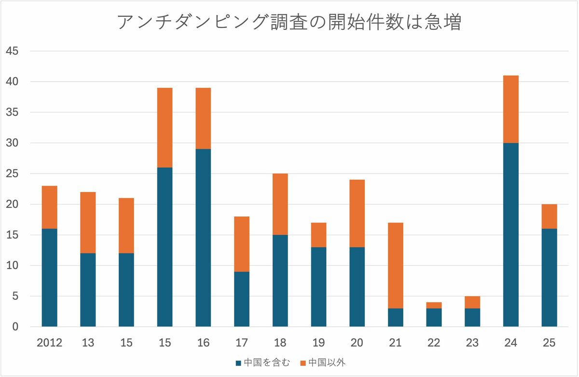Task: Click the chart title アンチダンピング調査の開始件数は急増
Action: click(x=289, y=23)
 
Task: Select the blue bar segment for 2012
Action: click(x=49, y=278)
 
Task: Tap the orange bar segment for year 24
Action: click(x=510, y=109)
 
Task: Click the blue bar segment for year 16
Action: click(x=203, y=238)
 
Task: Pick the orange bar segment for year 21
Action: click(x=396, y=266)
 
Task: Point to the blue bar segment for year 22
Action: click(x=434, y=318)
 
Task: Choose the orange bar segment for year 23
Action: click(x=472, y=302)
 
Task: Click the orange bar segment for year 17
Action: click(x=242, y=244)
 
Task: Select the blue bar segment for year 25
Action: click(x=549, y=278)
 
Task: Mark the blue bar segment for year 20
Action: click(x=357, y=287)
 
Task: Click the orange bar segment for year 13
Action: click(x=88, y=223)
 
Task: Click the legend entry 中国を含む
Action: click(x=263, y=363)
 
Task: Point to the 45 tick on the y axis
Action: click(x=12, y=51)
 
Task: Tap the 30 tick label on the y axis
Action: click(x=12, y=143)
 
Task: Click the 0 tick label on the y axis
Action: click(x=15, y=327)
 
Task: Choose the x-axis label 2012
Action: click(x=49, y=343)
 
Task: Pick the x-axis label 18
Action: click(x=280, y=343)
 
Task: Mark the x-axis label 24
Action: click(x=510, y=343)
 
